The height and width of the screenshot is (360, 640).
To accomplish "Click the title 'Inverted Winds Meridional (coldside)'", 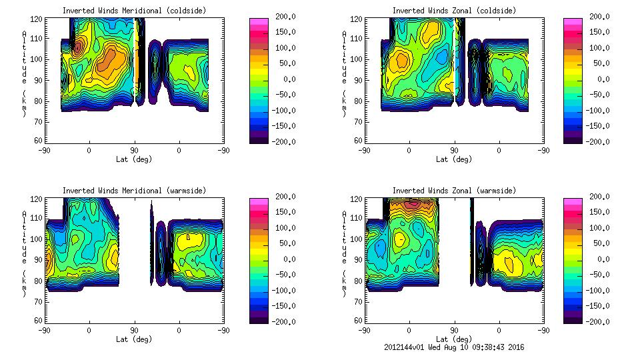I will (134, 11).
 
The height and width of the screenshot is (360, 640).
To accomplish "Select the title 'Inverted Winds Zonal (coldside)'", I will (454, 11).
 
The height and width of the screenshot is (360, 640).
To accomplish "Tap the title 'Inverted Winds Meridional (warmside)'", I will (134, 191).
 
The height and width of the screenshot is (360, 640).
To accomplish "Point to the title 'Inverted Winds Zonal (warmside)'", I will (454, 191).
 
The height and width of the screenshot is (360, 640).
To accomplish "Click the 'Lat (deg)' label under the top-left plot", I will (134, 159).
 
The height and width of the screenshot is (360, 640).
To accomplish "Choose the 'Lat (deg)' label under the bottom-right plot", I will (454, 339).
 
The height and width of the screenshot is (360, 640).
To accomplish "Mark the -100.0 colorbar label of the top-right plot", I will (601, 111).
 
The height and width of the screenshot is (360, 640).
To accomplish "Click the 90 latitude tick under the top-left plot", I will (134, 150).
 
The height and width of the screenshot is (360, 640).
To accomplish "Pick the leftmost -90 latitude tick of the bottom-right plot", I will (364, 330).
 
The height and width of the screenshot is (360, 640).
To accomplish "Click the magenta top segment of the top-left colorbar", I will (258, 22).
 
